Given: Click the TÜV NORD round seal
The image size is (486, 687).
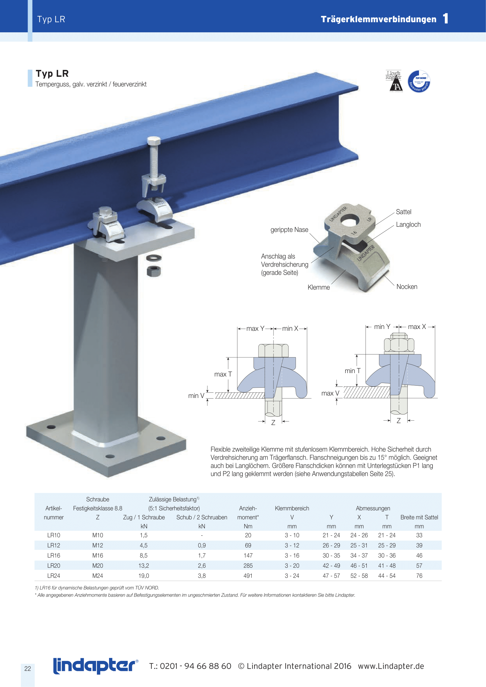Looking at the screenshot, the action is [419, 81].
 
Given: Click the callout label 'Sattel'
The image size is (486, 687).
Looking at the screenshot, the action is [403, 212].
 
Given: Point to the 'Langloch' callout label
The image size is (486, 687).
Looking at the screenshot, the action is [408, 225].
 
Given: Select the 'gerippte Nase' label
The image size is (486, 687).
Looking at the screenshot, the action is [289, 230].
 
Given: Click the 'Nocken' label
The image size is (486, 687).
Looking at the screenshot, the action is [407, 287].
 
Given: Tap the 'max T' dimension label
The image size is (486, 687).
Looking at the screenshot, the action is [223, 374].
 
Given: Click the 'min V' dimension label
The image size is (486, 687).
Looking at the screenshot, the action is [196, 396].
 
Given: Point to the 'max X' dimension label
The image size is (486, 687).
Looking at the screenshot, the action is [417, 327].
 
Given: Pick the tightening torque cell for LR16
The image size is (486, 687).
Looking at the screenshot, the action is [248, 555].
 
